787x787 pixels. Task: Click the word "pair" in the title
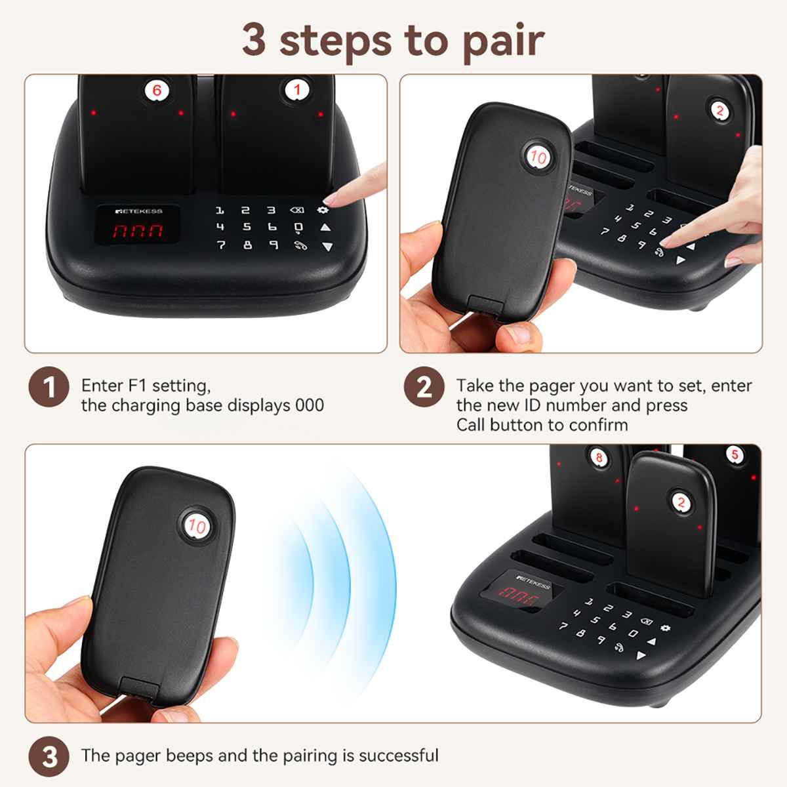[502, 41]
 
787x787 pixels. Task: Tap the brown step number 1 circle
[49, 388]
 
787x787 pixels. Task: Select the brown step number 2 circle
[424, 388]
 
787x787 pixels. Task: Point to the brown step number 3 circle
[49, 757]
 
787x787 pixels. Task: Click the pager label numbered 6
[157, 90]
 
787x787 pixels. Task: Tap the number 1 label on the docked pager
[296, 90]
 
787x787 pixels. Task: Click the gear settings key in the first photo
[323, 210]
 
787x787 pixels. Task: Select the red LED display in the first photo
[137, 231]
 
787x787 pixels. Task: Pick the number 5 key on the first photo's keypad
[247, 227]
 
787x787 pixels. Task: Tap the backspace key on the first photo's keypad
[296, 211]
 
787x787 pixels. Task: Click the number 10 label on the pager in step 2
[538, 157]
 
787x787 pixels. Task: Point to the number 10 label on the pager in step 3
[196, 525]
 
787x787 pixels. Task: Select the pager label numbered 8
[598, 457]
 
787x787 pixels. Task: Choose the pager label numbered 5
[735, 454]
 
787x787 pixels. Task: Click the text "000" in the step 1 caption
[309, 405]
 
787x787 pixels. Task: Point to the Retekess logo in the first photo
[138, 211]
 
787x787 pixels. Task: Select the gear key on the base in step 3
[666, 628]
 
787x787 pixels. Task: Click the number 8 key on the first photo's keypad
[247, 245]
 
